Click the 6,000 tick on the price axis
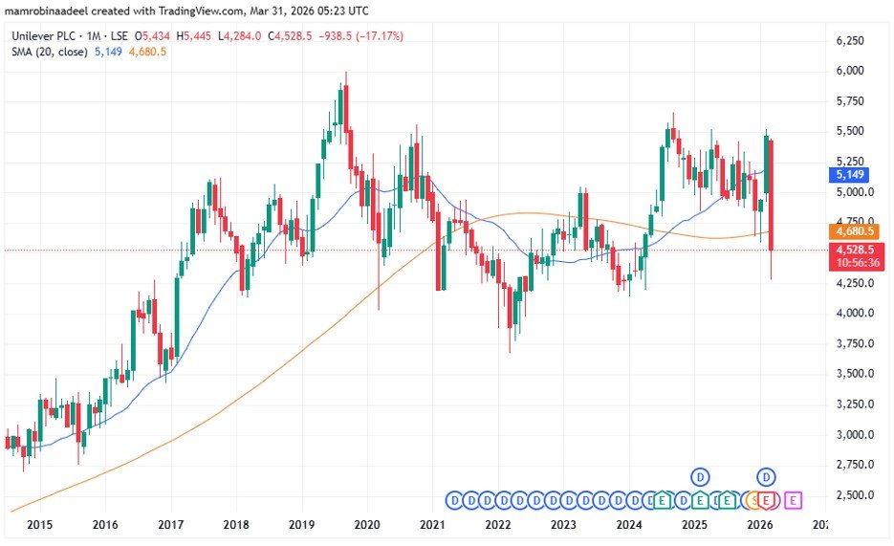(850, 71)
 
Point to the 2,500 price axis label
(850, 495)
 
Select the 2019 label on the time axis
(301, 525)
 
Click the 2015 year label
(40, 525)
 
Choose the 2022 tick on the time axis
(497, 525)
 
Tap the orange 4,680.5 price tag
(854, 230)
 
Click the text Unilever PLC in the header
(42, 36)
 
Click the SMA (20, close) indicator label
(47, 51)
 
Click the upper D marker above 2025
(701, 476)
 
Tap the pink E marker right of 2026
(795, 499)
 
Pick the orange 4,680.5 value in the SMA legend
(148, 51)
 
